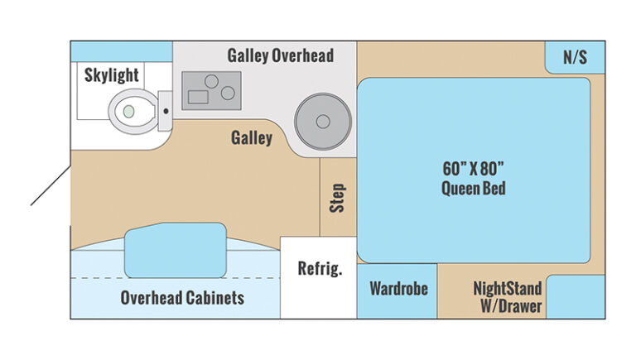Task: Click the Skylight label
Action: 112,75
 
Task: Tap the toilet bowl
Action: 133,112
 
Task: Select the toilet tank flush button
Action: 166,111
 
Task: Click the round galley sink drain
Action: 323,121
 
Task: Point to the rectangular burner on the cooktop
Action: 198,98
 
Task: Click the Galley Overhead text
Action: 280,55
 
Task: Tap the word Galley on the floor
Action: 252,138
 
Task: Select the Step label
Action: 338,198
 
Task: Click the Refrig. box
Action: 318,278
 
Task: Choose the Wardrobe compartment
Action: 397,291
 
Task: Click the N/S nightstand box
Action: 575,57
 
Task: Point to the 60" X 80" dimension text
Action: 473,169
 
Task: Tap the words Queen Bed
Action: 474,189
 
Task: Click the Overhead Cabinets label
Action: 182,298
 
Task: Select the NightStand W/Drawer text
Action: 508,297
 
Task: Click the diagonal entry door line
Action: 51,185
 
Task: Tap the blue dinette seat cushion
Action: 176,250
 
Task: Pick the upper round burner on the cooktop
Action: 211,81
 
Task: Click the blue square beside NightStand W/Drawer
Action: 576,297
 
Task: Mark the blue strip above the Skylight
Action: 122,51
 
